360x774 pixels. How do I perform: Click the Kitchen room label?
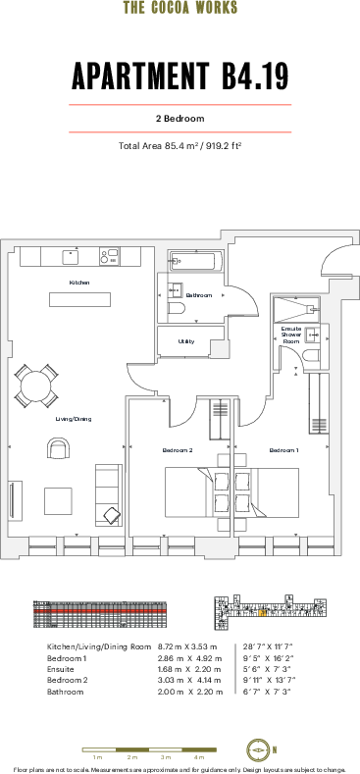[x=79, y=283]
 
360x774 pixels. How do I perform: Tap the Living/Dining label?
[x=74, y=419]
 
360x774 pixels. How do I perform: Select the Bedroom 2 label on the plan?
[x=177, y=450]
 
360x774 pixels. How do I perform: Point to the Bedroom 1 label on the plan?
[x=283, y=450]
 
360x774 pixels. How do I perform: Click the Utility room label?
[x=185, y=341]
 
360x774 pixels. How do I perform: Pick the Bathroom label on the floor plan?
[x=199, y=295]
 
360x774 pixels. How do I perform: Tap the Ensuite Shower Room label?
[x=291, y=335]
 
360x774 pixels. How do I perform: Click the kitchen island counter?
[x=80, y=299]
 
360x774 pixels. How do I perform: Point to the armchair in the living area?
[x=59, y=449]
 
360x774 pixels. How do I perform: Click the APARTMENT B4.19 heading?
[x=180, y=76]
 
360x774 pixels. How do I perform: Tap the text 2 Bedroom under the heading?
[x=180, y=118]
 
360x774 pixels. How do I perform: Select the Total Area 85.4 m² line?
[x=180, y=146]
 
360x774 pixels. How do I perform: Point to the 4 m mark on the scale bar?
[x=199, y=758]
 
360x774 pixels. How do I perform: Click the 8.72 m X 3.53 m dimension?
[x=186, y=647]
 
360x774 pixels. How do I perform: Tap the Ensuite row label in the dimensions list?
[x=61, y=669]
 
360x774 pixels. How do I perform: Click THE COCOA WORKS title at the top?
[x=180, y=8]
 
